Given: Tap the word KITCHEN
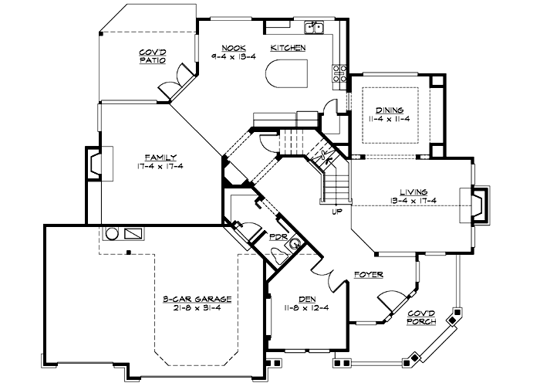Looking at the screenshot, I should click(288, 48).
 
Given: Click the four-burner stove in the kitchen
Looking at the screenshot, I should click(339, 73).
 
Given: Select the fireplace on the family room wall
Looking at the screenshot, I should click(95, 164).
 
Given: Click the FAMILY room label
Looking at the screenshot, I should click(163, 157).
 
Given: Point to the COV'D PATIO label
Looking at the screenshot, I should click(152, 56).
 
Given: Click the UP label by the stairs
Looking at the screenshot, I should click(336, 211).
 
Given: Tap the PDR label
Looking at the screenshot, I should click(278, 237).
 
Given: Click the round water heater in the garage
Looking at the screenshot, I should click(111, 232).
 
